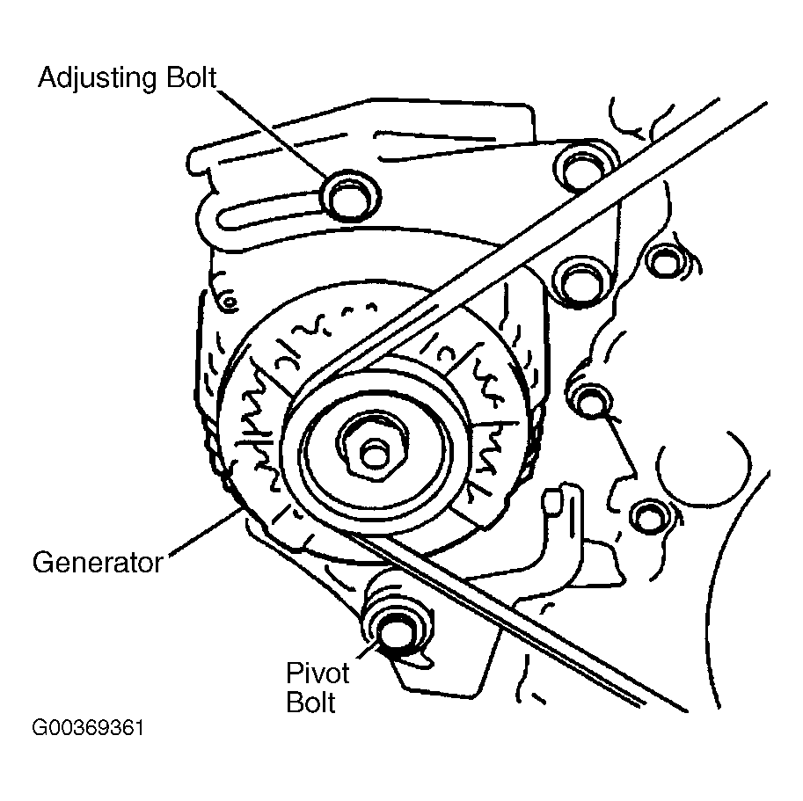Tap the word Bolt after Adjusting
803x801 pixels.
coord(192,77)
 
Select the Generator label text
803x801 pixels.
coord(98,562)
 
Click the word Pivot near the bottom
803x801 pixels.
coord(318,673)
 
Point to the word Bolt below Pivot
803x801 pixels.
coord(310,702)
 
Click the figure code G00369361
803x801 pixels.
coord(88,728)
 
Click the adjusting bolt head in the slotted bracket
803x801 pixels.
coord(349,197)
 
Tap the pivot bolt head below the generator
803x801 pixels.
coord(397,631)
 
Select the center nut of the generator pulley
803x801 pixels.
coord(374,453)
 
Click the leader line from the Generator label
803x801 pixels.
coord(204,531)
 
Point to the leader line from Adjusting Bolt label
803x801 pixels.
coord(272,133)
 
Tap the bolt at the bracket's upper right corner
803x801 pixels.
coord(580,168)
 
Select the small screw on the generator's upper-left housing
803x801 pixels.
coord(229,302)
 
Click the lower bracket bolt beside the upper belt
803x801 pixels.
coord(581,283)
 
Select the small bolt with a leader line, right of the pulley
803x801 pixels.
coord(590,398)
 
